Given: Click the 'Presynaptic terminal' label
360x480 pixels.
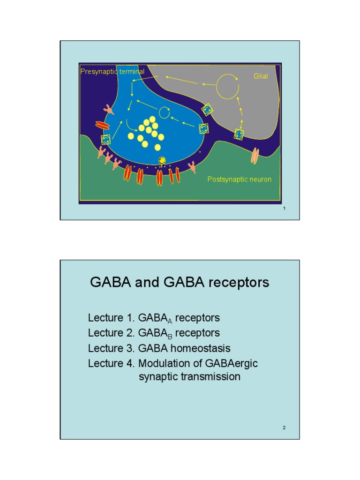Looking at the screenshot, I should pyautogui.click(x=112, y=72).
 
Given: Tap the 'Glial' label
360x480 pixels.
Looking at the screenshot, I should pyautogui.click(x=261, y=76).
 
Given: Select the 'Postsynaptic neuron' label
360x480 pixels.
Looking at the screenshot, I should pyautogui.click(x=239, y=180).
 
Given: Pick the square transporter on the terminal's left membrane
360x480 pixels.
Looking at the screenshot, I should pyautogui.click(x=106, y=139).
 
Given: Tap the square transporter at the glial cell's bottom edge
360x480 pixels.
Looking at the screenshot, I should pyautogui.click(x=239, y=135).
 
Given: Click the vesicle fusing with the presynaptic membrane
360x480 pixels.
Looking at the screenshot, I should pyautogui.click(x=162, y=161).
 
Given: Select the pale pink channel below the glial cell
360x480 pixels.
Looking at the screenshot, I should pyautogui.click(x=255, y=156).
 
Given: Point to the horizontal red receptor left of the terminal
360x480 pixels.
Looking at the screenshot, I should pyautogui.click(x=102, y=125).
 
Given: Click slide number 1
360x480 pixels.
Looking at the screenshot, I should pyautogui.click(x=284, y=208).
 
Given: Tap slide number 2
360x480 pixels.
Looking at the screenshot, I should pyautogui.click(x=284, y=427).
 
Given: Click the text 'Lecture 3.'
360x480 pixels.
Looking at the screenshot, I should pyautogui.click(x=111, y=348).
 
